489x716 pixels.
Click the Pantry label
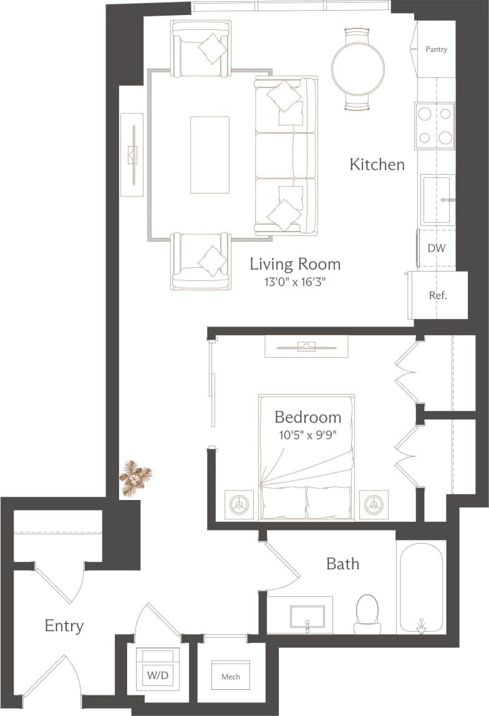(x=436, y=49)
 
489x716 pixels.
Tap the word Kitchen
(x=377, y=165)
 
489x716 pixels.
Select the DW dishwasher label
(x=436, y=248)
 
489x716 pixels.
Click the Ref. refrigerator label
(x=437, y=295)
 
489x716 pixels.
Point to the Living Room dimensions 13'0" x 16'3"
(x=295, y=282)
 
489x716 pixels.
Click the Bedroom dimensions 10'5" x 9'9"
(x=307, y=434)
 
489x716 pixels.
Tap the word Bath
(x=342, y=564)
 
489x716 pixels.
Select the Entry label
(x=64, y=625)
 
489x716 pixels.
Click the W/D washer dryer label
(x=153, y=675)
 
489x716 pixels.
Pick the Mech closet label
(x=230, y=676)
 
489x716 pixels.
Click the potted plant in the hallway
(x=134, y=478)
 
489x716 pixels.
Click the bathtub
(x=421, y=587)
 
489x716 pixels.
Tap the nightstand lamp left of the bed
(x=240, y=503)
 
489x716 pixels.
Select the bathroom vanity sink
(x=307, y=615)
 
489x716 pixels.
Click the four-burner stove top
(x=434, y=126)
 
